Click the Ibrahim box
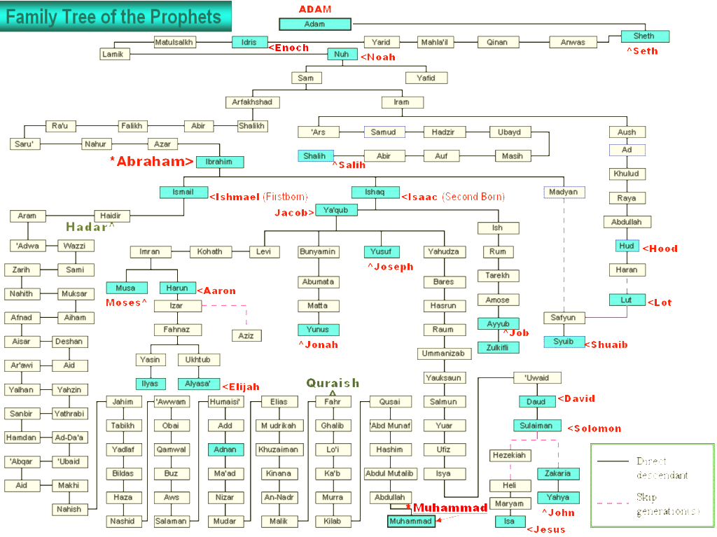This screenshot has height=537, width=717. click(x=220, y=162)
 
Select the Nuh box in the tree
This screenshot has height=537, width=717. click(x=342, y=54)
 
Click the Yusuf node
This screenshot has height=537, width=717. click(x=382, y=251)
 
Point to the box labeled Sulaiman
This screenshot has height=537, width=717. click(x=537, y=426)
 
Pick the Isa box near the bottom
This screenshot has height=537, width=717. click(x=509, y=522)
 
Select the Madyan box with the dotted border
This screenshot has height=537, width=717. click(x=564, y=192)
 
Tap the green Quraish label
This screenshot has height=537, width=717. click(x=333, y=383)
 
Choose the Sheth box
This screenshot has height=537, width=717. click(x=644, y=36)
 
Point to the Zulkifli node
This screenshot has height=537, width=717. click(x=499, y=347)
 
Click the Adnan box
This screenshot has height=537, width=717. click(x=225, y=449)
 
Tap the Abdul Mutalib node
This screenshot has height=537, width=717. click(x=389, y=474)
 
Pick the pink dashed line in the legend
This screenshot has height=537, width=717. click(x=614, y=502)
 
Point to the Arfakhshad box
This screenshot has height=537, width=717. click(x=252, y=102)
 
